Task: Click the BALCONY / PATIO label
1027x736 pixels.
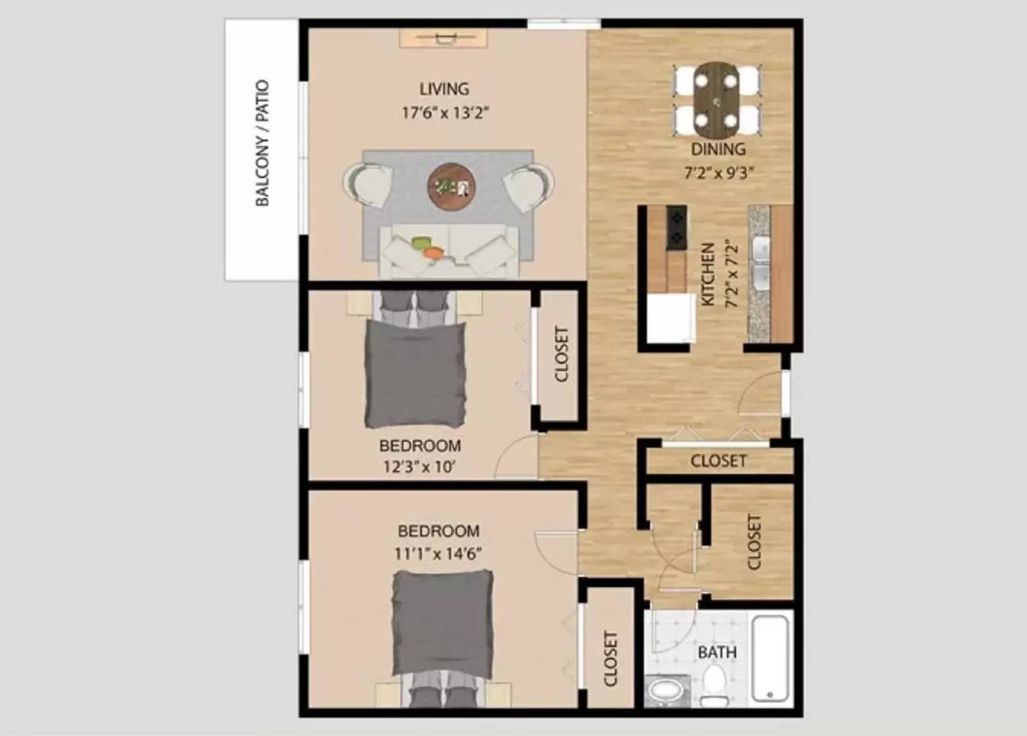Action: (x=262, y=143)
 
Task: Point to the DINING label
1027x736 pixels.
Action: (x=718, y=150)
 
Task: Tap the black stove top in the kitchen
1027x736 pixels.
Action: (x=677, y=228)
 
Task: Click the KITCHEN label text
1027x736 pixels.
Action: (x=707, y=274)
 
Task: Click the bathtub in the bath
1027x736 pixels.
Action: (x=772, y=659)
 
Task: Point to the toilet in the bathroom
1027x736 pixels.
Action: (x=712, y=683)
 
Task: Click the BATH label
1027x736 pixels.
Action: (x=717, y=653)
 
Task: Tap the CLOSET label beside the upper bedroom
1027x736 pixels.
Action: (x=561, y=354)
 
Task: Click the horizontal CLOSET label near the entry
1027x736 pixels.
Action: (x=718, y=461)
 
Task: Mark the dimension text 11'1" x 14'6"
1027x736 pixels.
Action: (x=438, y=554)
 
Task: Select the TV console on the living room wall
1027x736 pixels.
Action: (x=444, y=39)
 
